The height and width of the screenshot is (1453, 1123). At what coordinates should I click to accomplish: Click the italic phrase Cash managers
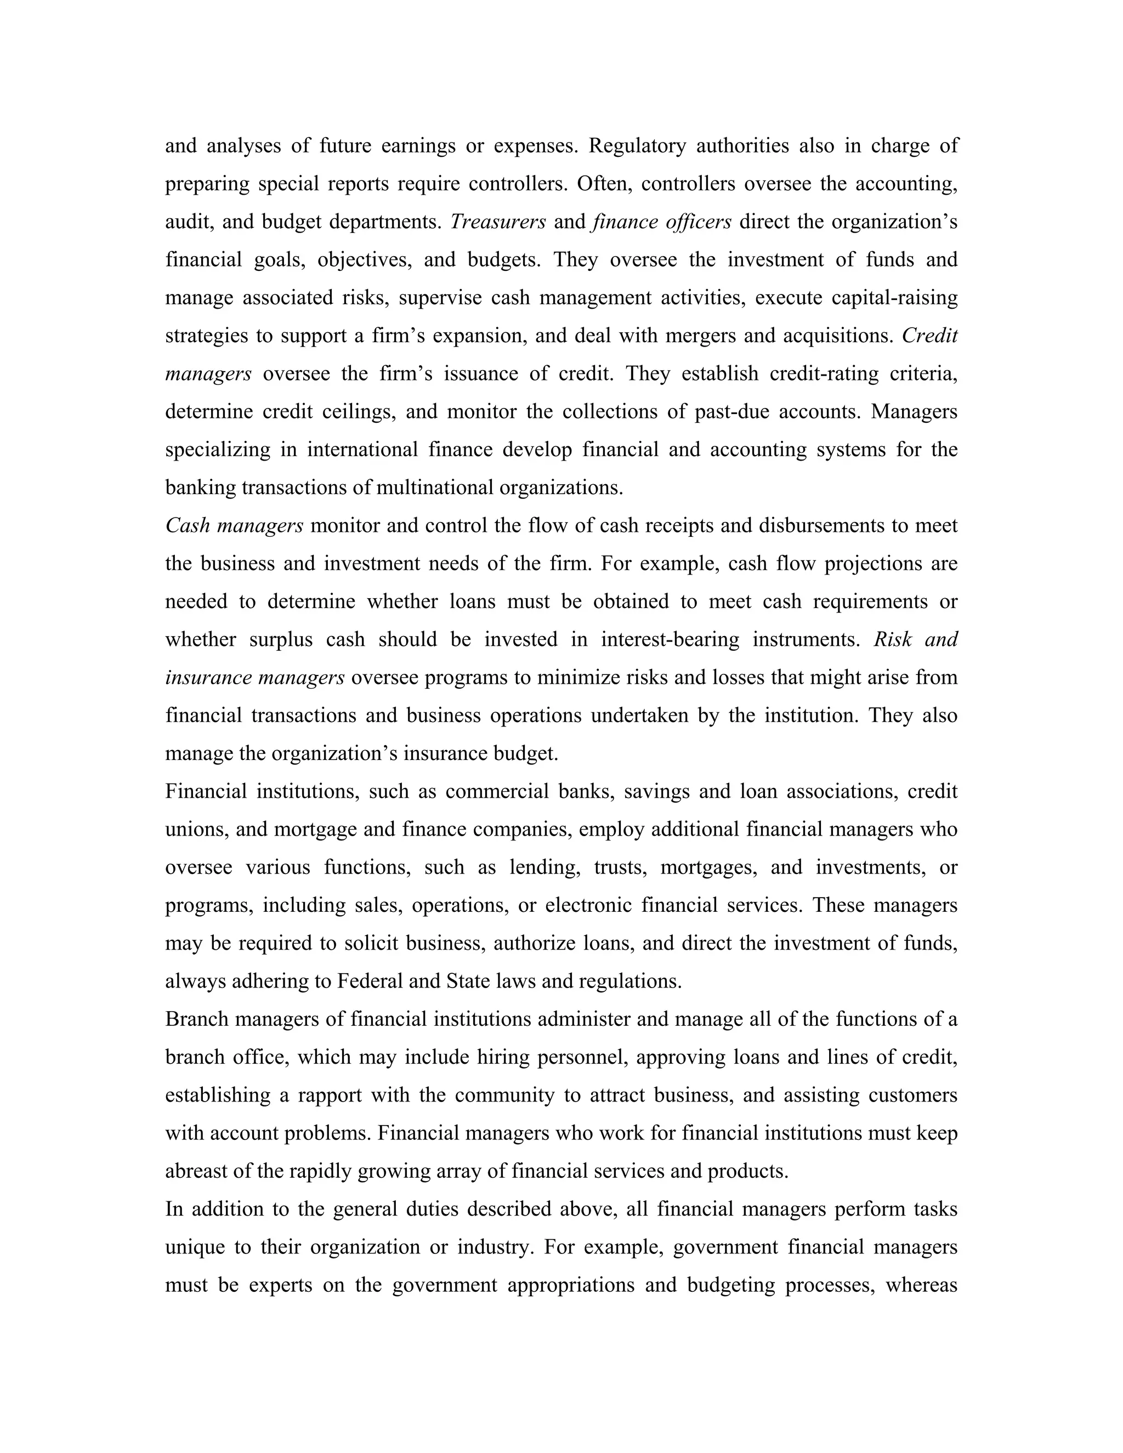[234, 526]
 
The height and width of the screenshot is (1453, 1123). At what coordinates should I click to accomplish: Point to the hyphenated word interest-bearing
[670, 639]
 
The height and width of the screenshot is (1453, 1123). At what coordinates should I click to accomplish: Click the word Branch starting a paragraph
[196, 1019]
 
